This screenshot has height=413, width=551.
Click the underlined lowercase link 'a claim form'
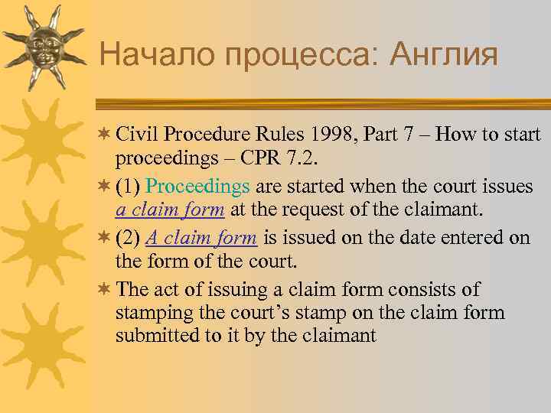pyautogui.click(x=170, y=208)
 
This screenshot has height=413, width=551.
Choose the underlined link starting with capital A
pyautogui.click(x=201, y=238)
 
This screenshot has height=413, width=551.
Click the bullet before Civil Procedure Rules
pyautogui.click(x=104, y=135)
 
